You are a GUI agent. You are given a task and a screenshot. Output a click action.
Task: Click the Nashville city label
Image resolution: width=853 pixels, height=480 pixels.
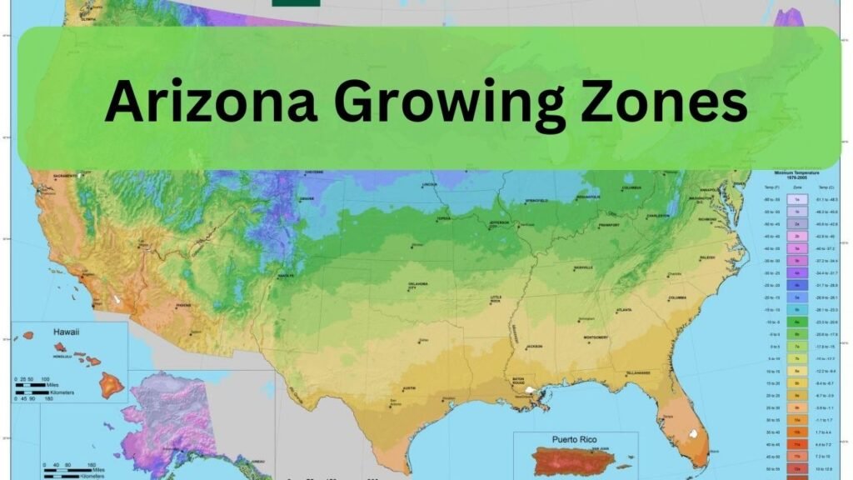[584, 267]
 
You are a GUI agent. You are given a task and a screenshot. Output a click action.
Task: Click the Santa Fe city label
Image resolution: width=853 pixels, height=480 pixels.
[286, 275]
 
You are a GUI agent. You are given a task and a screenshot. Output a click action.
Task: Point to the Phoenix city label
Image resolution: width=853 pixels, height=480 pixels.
[183, 305]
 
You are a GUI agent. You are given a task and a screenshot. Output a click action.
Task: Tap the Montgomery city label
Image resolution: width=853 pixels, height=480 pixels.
[600, 337]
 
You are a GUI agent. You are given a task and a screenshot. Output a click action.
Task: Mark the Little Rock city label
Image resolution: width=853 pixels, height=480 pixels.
[496, 298]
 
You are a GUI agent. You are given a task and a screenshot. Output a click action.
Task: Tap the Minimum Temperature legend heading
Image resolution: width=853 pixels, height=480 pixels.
[797, 173]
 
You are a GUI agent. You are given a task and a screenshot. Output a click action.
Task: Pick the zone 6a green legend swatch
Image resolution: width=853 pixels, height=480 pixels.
[797, 321]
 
